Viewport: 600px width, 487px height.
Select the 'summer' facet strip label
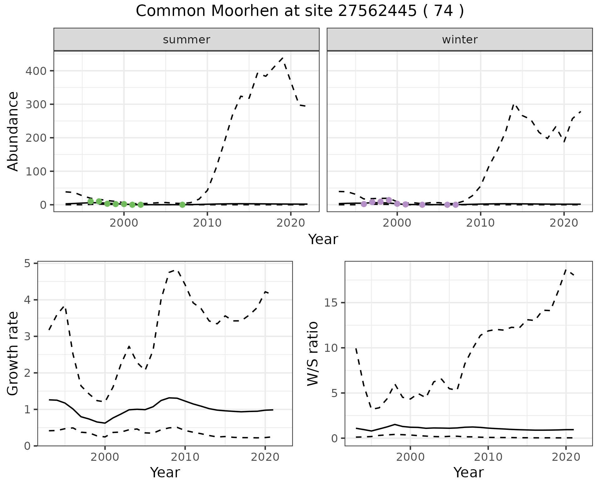click(187, 40)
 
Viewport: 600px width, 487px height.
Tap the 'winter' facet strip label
click(459, 40)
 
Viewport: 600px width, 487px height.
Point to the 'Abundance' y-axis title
click(13, 131)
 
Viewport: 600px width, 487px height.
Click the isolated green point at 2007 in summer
click(182, 205)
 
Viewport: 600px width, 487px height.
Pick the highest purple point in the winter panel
click(389, 200)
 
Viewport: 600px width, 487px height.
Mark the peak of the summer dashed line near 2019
click(282, 58)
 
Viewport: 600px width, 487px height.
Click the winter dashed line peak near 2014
click(514, 104)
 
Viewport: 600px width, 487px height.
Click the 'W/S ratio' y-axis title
click(313, 354)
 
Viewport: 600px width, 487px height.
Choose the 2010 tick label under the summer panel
click(207, 223)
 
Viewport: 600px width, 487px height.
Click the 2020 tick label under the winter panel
click(564, 223)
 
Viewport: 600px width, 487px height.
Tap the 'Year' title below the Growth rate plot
click(165, 473)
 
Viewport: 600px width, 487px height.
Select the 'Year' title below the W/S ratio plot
click(468, 473)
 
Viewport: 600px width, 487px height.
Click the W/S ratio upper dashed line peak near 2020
click(566, 269)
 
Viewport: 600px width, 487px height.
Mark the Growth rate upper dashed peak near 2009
click(177, 270)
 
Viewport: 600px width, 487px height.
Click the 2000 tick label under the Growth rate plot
click(105, 457)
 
